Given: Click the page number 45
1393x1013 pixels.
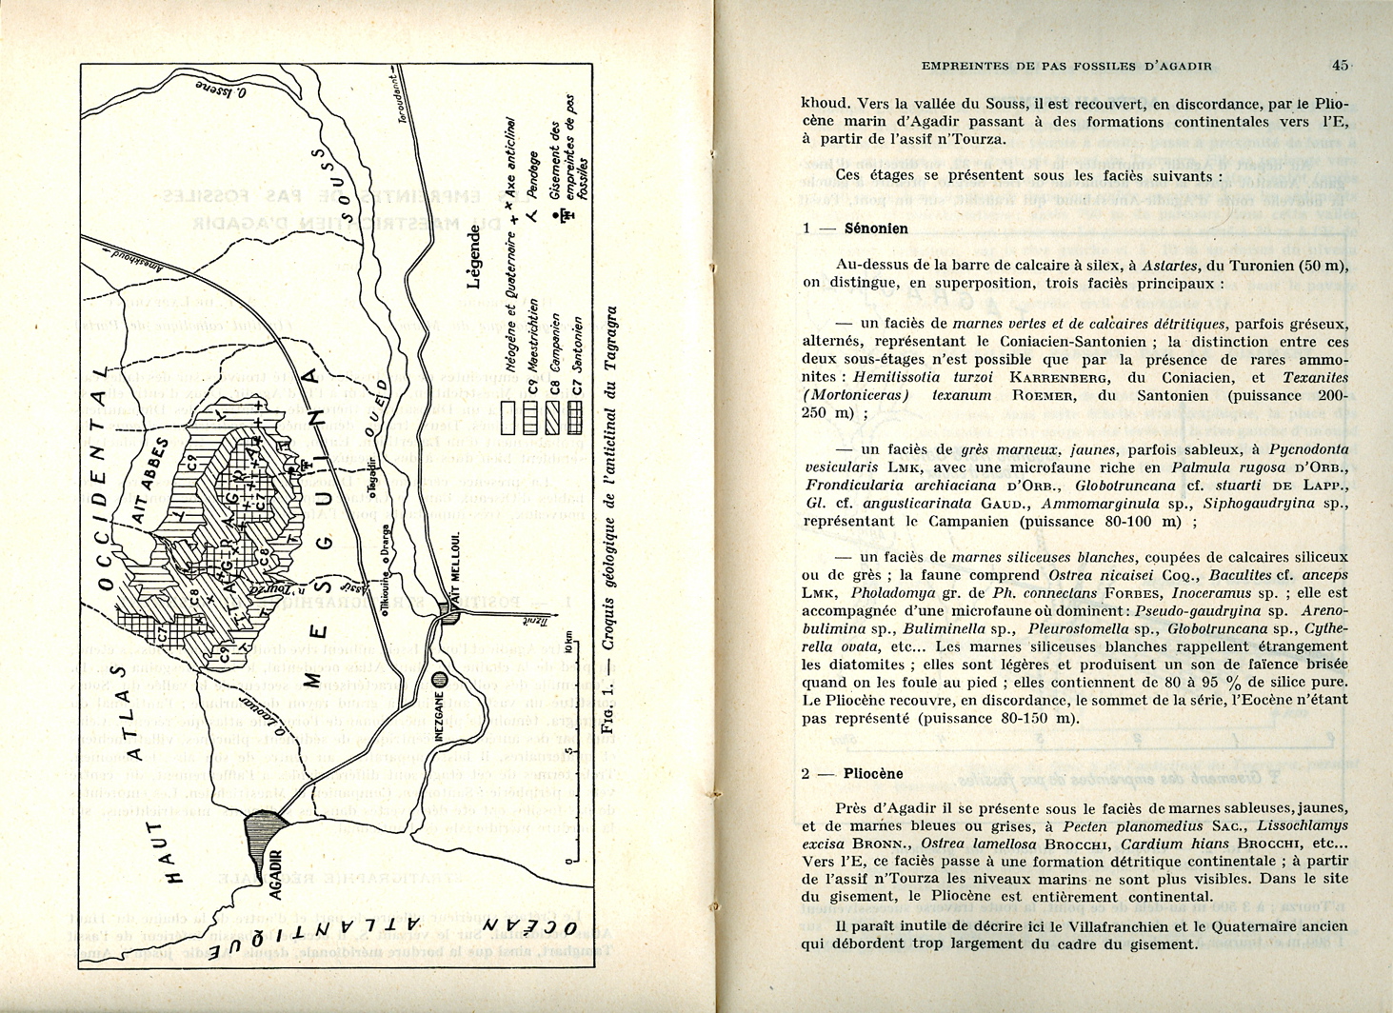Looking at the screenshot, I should [x=1341, y=65].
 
